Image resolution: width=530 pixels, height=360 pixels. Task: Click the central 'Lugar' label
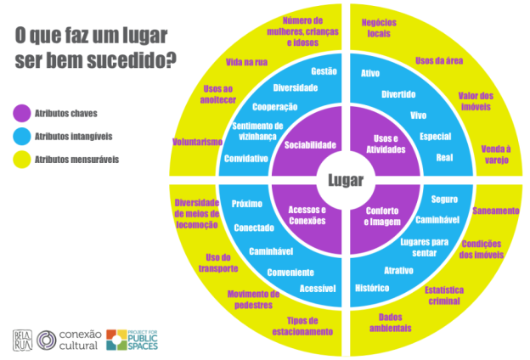click(344, 180)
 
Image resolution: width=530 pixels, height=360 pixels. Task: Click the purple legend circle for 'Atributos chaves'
click(23, 112)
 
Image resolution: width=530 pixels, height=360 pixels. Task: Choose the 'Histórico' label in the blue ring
click(372, 289)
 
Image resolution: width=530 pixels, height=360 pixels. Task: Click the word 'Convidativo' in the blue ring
click(246, 159)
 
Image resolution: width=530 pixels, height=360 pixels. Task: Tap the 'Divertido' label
click(398, 94)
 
